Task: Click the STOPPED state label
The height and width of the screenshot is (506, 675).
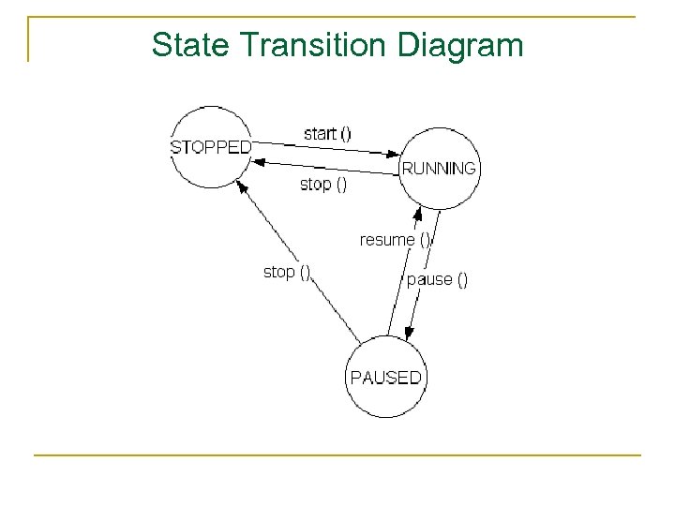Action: point(211,147)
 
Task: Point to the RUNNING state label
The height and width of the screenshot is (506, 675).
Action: point(439,169)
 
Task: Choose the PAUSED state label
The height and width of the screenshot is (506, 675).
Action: point(385,378)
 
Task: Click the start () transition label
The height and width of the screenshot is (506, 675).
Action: point(327,133)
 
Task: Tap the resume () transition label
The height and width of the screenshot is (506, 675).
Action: point(395,240)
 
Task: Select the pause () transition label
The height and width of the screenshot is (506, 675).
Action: point(437,279)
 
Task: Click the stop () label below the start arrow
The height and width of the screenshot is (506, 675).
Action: point(322,185)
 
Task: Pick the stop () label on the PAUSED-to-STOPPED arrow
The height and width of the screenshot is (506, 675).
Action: point(287,272)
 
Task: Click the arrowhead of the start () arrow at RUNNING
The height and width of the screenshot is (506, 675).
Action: point(395,154)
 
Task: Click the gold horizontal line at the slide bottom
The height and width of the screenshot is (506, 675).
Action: point(337,455)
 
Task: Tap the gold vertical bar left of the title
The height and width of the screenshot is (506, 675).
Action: point(29,39)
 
